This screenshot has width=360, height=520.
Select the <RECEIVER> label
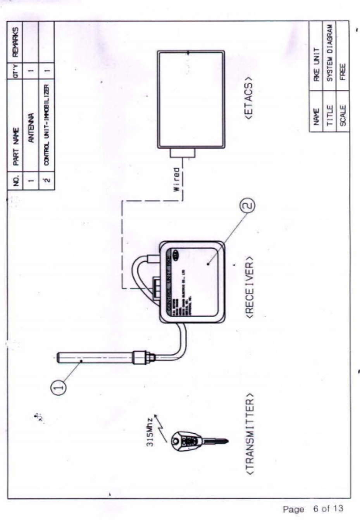coord(249,287)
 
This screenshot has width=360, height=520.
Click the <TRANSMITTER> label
coord(250,437)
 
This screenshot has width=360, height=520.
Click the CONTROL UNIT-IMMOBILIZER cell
coord(46,125)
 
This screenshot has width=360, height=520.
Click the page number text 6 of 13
coord(328,508)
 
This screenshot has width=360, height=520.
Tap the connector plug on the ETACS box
coord(182,153)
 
